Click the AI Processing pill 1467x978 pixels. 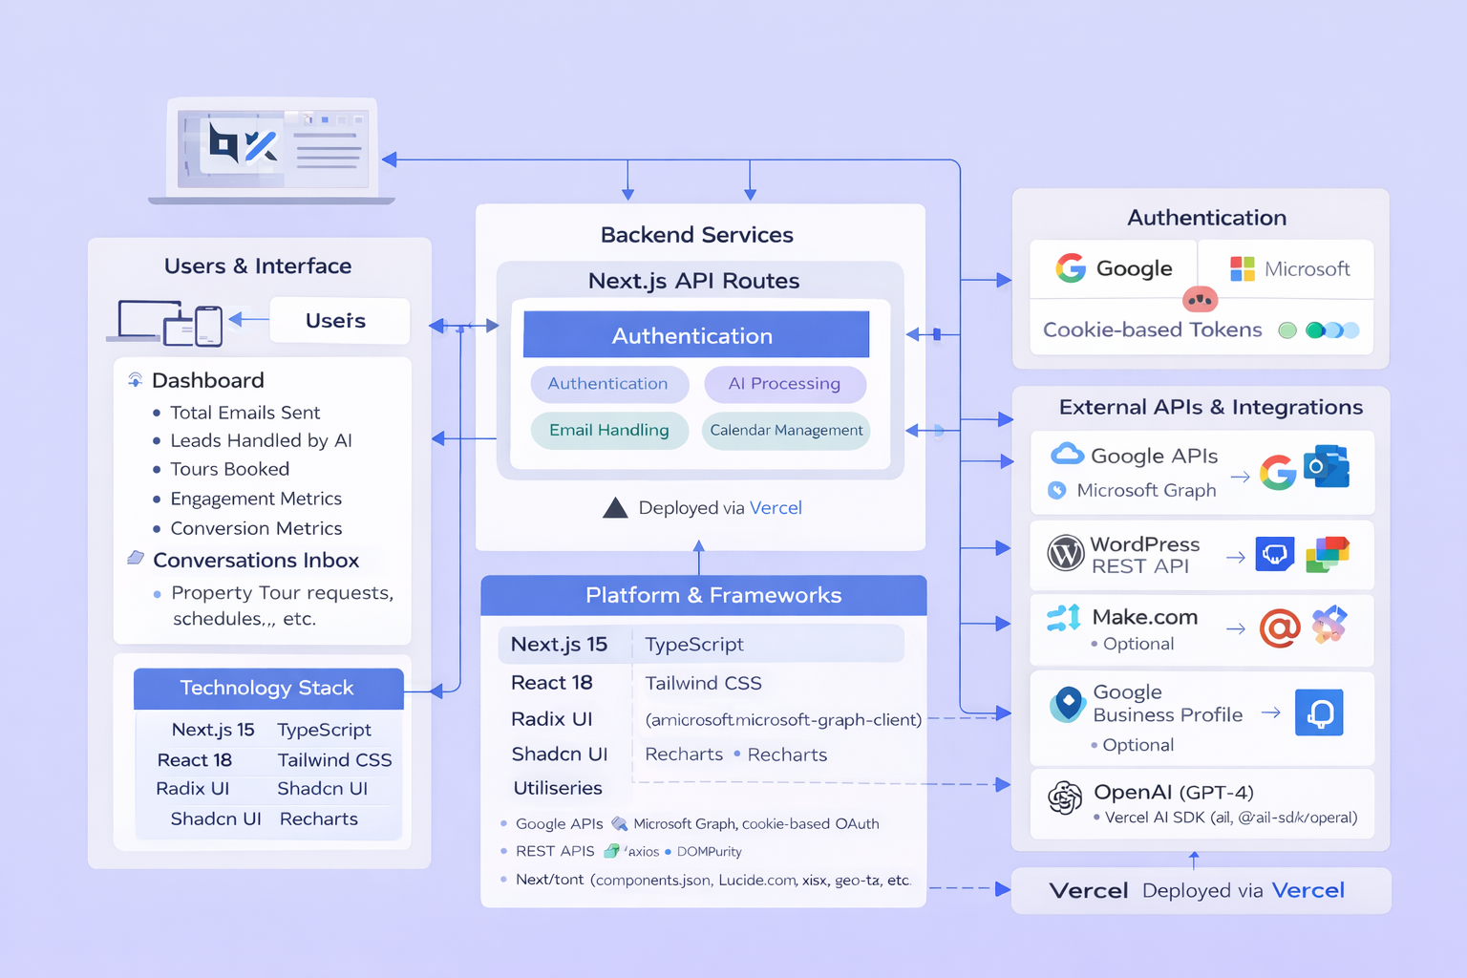click(x=784, y=384)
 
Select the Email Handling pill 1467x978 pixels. click(x=609, y=430)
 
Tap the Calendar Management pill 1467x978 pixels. click(x=786, y=430)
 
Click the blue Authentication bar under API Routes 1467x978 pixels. click(x=695, y=335)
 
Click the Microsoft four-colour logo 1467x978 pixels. click(x=1242, y=269)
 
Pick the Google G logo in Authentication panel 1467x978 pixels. click(x=1071, y=268)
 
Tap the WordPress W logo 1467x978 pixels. click(x=1065, y=553)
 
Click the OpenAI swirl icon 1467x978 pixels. click(x=1065, y=797)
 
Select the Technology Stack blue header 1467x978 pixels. click(x=268, y=688)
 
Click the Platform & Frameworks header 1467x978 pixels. click(x=703, y=595)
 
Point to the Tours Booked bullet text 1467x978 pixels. click(x=229, y=469)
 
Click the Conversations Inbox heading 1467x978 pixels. click(x=256, y=561)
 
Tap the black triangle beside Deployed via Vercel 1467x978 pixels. click(x=615, y=508)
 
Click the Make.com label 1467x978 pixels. click(x=1144, y=617)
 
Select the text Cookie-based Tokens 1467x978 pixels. click(x=1152, y=330)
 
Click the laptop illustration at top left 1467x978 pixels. click(x=272, y=150)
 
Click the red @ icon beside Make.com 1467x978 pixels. click(x=1279, y=628)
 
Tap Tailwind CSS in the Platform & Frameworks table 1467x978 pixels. click(x=703, y=683)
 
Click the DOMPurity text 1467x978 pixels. click(x=709, y=852)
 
